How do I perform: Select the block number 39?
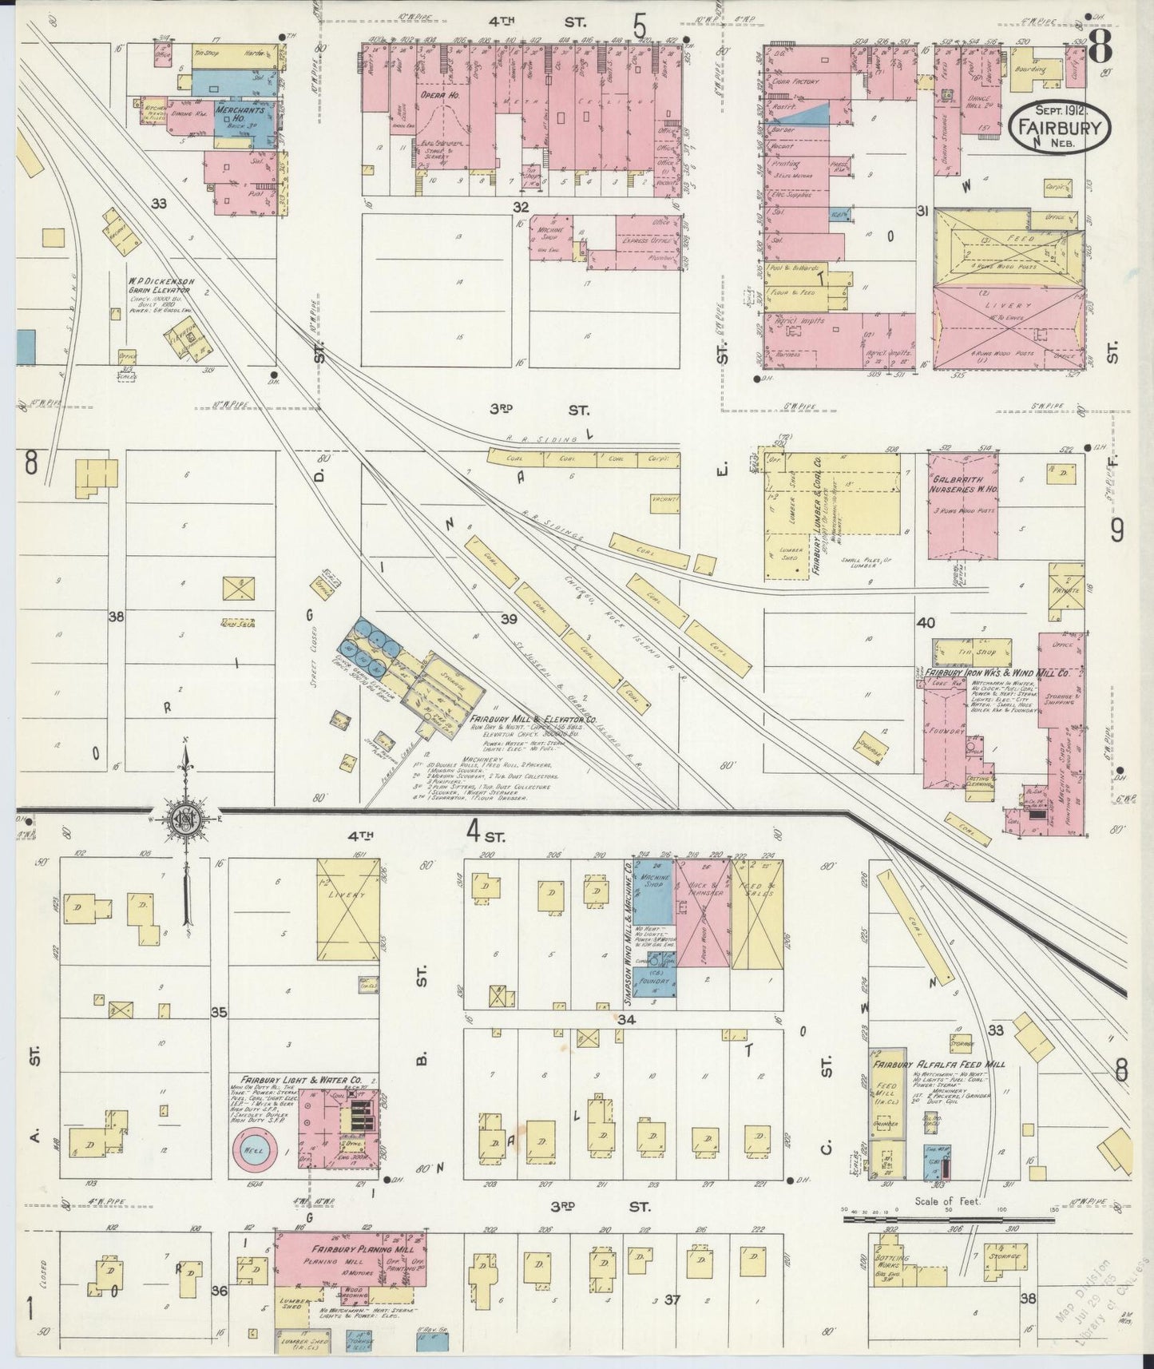click(509, 619)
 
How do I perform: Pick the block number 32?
click(521, 207)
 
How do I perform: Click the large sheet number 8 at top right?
click(1100, 49)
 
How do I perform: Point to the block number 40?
click(926, 623)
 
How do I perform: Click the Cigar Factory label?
click(795, 81)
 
